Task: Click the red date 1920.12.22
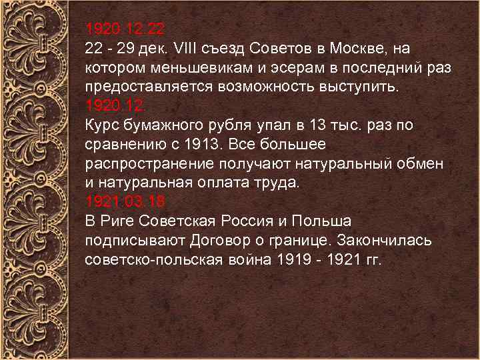tap(124, 30)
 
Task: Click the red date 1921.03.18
tap(125, 201)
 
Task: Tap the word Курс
tap(101, 125)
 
